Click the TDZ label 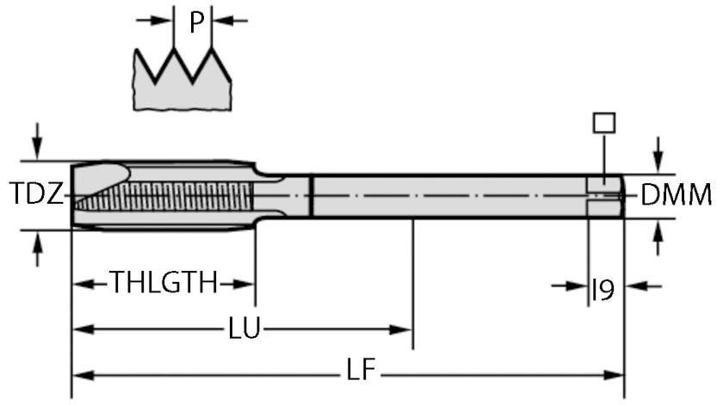coord(36,194)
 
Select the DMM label coord(677,195)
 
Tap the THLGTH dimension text coord(164,283)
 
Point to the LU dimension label coord(246,329)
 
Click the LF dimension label coord(361,373)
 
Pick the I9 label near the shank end coord(602,291)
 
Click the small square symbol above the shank coord(604,122)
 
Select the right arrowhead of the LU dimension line coord(404,329)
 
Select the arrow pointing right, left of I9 coord(577,285)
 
